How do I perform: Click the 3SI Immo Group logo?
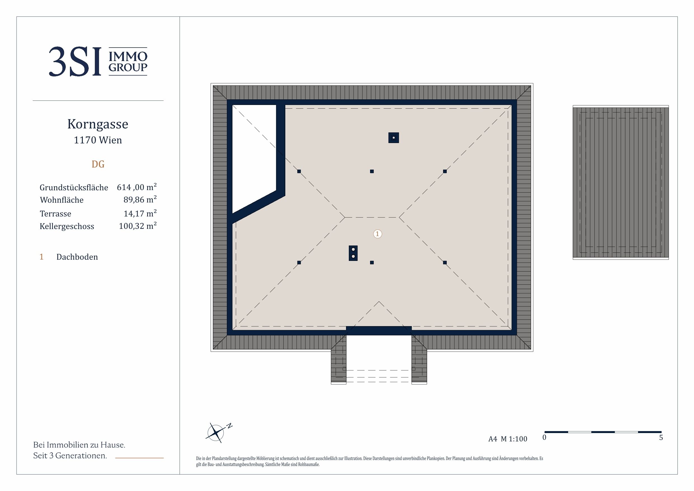click(x=98, y=61)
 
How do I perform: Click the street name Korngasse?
click(x=98, y=124)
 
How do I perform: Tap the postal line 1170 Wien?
click(x=98, y=140)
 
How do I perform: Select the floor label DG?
click(x=98, y=164)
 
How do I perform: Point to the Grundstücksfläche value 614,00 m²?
click(x=137, y=187)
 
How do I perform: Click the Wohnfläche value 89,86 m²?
click(x=140, y=199)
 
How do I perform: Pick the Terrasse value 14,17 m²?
click(x=140, y=213)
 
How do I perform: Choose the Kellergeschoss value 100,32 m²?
click(x=138, y=226)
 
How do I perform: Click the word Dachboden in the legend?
click(x=77, y=257)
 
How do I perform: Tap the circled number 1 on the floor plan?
click(x=377, y=234)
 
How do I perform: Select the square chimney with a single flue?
click(x=394, y=138)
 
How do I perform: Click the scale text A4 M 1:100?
click(x=508, y=439)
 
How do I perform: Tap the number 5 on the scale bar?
click(x=661, y=438)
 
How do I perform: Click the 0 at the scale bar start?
click(x=544, y=438)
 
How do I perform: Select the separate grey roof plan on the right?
click(x=620, y=183)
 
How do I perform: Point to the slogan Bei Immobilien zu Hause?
click(x=79, y=445)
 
